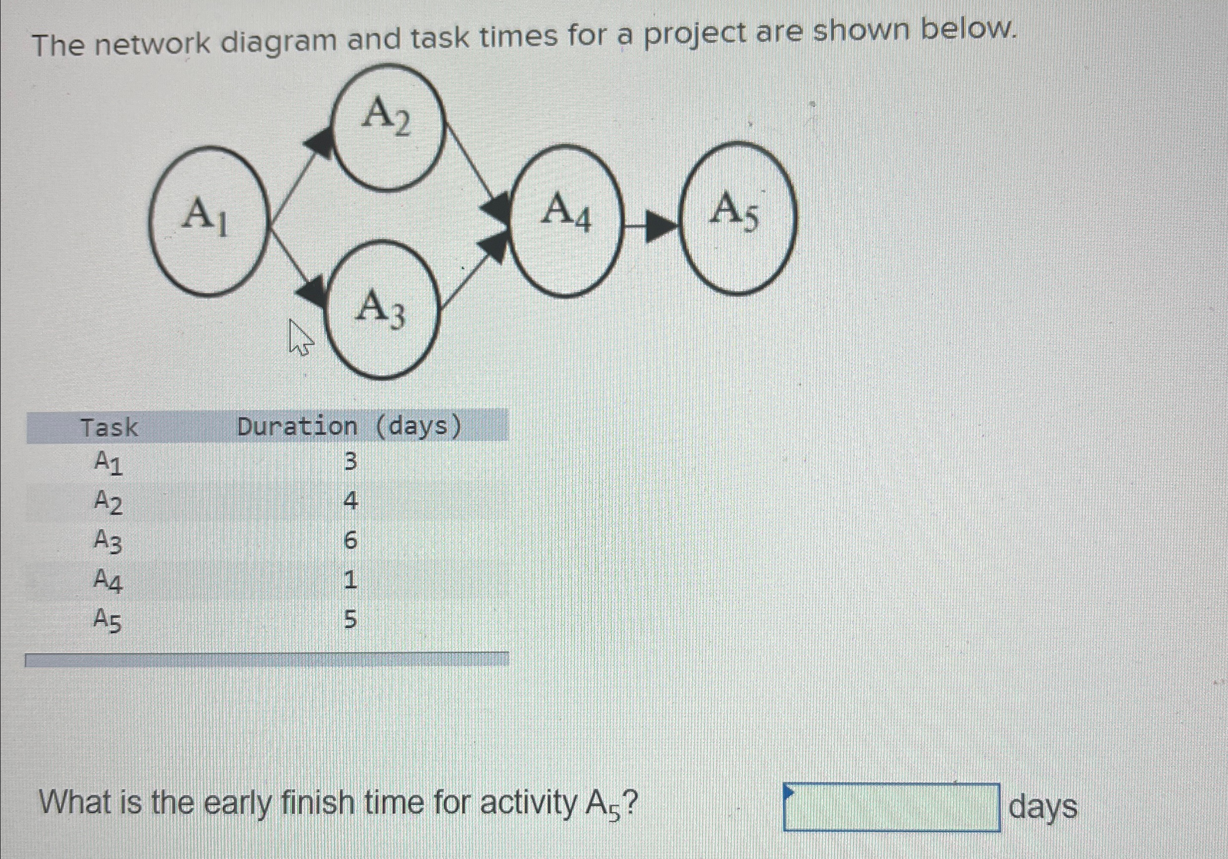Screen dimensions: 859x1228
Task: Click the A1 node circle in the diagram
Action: (x=207, y=221)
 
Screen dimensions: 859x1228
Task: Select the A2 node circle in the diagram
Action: (x=387, y=128)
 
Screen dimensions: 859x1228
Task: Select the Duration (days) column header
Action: (x=349, y=427)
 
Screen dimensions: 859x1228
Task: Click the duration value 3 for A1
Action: (x=350, y=461)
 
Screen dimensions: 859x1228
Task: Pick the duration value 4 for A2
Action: (x=350, y=501)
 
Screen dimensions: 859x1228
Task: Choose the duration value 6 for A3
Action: (x=350, y=540)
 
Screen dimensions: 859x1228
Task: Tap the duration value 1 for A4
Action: (x=350, y=580)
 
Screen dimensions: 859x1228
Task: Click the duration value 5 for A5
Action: (x=350, y=619)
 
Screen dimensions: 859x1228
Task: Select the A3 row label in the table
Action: (x=108, y=541)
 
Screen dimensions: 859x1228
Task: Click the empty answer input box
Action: (x=891, y=806)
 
